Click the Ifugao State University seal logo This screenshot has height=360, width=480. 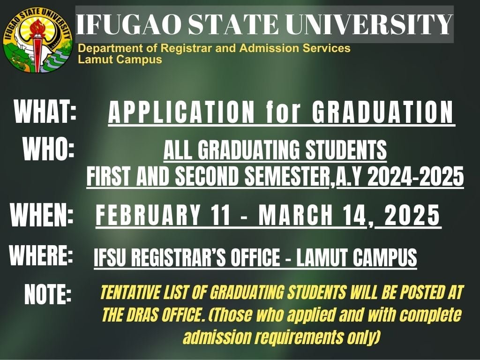tap(37, 40)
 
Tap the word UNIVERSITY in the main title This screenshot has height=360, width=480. tap(370, 24)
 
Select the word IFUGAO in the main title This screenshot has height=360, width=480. tap(129, 24)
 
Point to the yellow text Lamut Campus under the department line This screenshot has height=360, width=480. tap(120, 59)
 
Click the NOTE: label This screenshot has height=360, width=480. tap(48, 294)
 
